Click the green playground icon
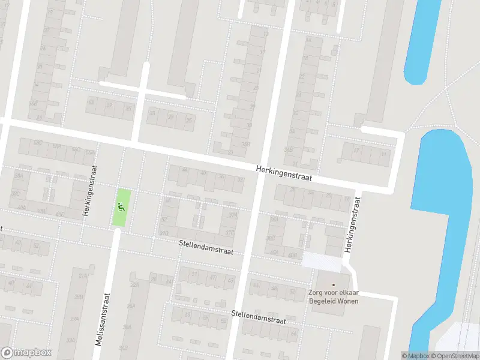pyautogui.click(x=121, y=208)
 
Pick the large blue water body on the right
pyautogui.click(x=444, y=198)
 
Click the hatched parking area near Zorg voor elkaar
pyautogui.click(x=321, y=260)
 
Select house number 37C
pyautogui.click(x=229, y=233)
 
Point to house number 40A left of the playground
pyautogui.click(x=22, y=208)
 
